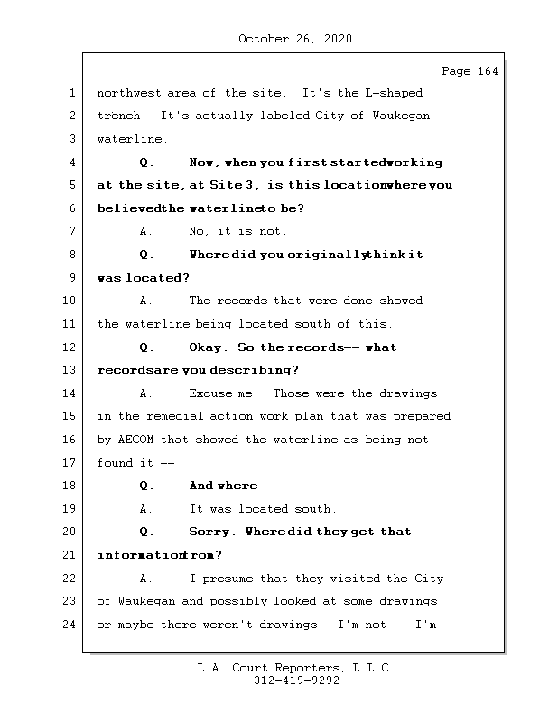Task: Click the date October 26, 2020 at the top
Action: pos(294,39)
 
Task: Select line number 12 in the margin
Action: pos(70,347)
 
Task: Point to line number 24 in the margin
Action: pos(70,625)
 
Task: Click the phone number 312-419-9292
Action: pos(296,681)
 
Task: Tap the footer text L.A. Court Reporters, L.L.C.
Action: pos(295,668)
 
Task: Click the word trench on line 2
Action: pos(120,116)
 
